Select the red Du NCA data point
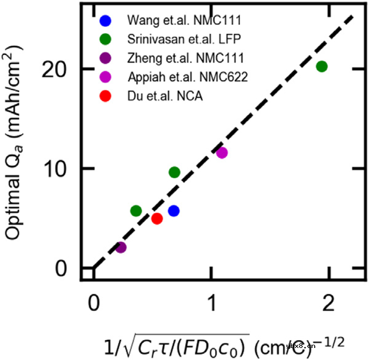pyautogui.click(x=157, y=219)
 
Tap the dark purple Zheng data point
pyautogui.click(x=121, y=247)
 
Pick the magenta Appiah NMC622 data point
pyautogui.click(x=222, y=153)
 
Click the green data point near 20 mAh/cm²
pyautogui.click(x=322, y=66)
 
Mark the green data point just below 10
pyautogui.click(x=174, y=173)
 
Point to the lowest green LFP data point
pyautogui.click(x=136, y=211)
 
